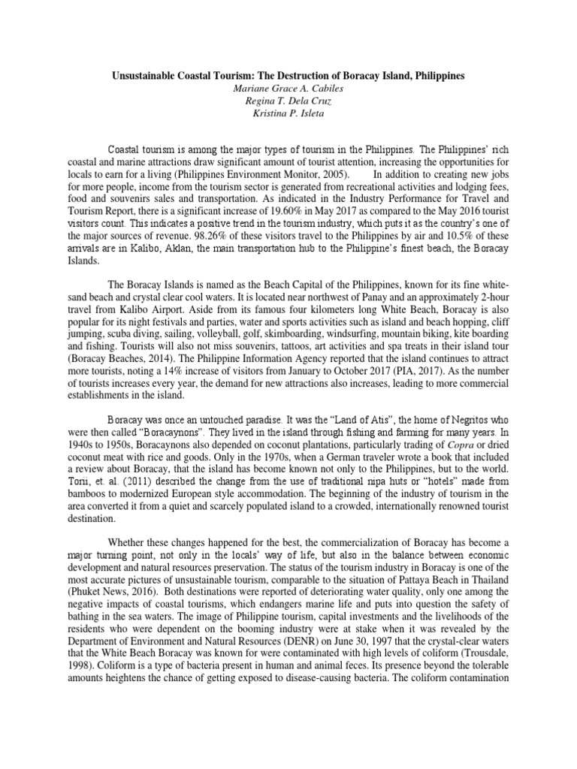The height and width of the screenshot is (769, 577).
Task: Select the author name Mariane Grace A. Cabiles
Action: pos(288,89)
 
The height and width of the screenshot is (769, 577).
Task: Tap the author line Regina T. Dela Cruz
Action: pos(288,101)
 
